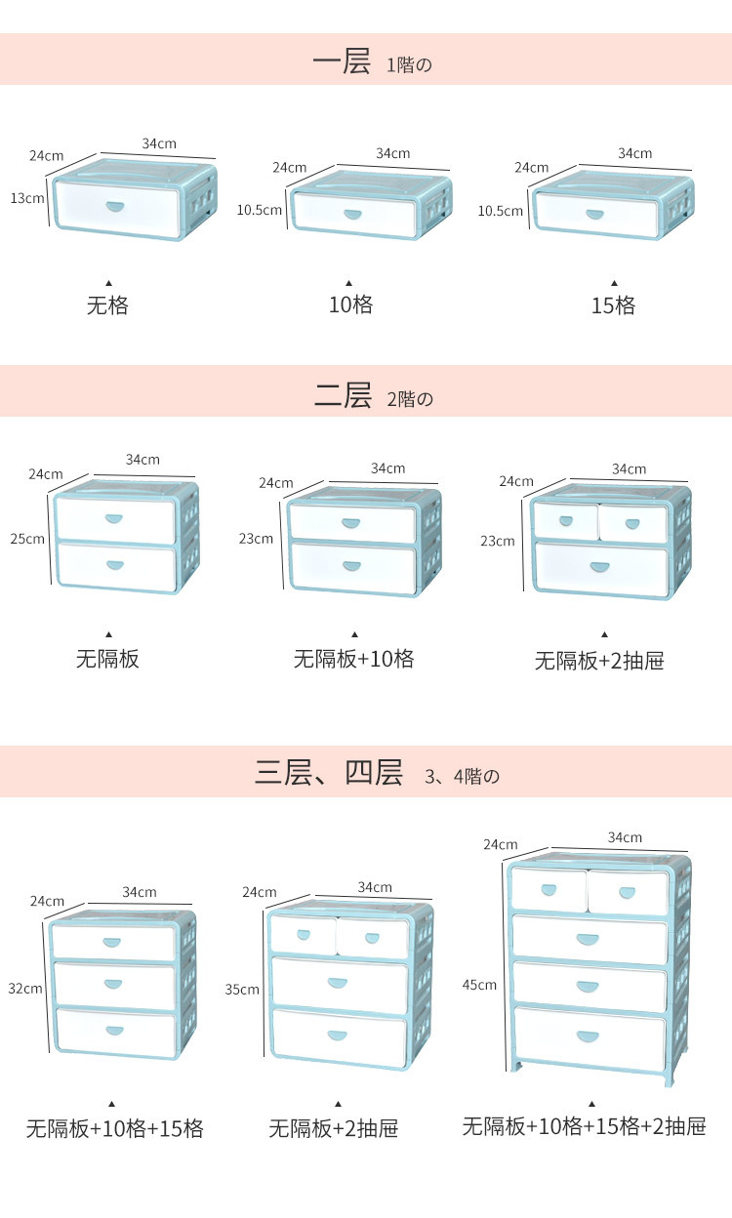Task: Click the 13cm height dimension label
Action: click(x=27, y=198)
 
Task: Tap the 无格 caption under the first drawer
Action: click(x=107, y=305)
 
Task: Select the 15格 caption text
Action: click(x=613, y=305)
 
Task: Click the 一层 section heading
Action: click(x=342, y=62)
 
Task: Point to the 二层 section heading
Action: click(x=344, y=395)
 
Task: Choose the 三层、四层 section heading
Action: click(x=329, y=774)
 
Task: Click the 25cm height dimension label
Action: click(x=27, y=538)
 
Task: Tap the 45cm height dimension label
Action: click(x=479, y=984)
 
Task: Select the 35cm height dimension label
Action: click(x=242, y=989)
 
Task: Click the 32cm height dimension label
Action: click(x=25, y=988)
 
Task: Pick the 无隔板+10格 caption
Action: click(x=354, y=659)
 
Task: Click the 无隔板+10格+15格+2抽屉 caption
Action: click(x=584, y=1126)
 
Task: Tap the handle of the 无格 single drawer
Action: click(x=115, y=206)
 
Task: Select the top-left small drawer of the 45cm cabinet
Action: click(x=549, y=892)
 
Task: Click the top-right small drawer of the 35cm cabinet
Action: click(x=372, y=937)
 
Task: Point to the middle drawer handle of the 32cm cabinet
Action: click(x=115, y=985)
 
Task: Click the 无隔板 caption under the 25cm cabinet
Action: click(x=107, y=659)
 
